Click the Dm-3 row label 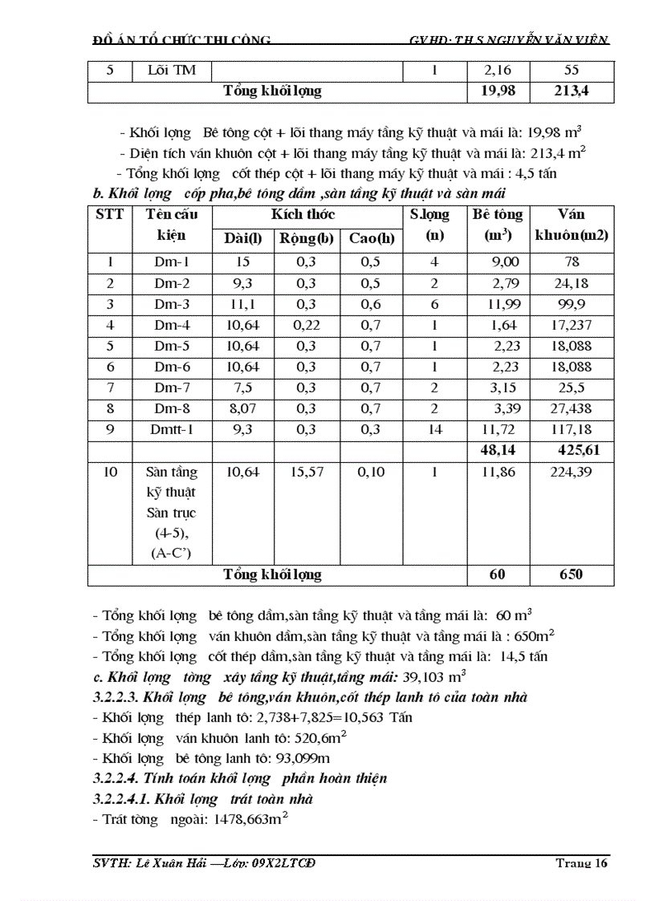coord(172,304)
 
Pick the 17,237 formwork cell coord(572,325)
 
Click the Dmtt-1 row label coord(172,429)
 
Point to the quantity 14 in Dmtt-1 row coord(434,429)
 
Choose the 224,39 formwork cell coord(572,472)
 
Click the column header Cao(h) coord(371,238)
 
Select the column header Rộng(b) coord(306,238)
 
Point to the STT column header coord(109,214)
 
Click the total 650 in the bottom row coord(572,574)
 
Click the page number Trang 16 coord(581,863)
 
